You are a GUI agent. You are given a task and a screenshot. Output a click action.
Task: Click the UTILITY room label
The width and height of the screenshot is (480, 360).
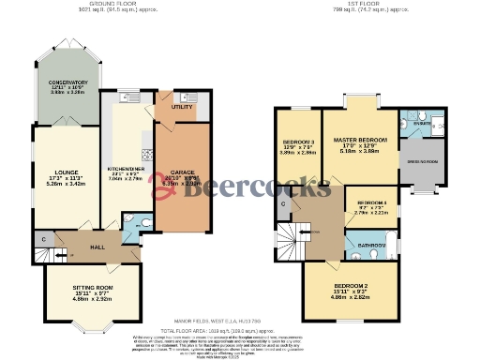coord(182,108)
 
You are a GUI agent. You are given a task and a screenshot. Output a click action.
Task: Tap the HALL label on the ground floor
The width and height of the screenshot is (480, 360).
coord(97,247)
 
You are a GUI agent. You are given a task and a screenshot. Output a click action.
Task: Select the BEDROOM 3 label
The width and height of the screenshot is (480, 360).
coord(297,144)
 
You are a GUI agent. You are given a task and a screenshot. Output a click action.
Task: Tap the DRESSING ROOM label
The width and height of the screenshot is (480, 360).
coord(418,161)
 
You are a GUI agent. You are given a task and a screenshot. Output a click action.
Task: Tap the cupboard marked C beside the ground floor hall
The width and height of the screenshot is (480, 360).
coord(43,240)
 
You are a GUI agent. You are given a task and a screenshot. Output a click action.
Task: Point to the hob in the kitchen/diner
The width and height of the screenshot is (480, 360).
coord(146,156)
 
